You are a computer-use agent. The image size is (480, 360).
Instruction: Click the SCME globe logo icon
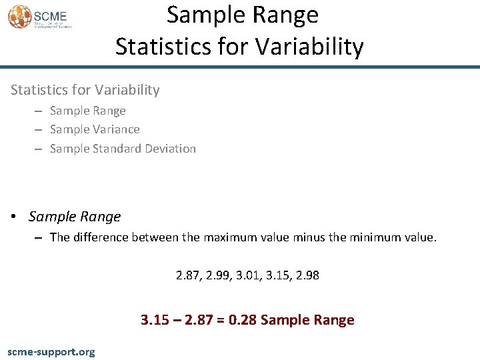point(19,16)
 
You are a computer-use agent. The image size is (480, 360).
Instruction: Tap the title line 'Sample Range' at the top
point(242,15)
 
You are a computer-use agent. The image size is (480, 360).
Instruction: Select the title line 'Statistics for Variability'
point(239,47)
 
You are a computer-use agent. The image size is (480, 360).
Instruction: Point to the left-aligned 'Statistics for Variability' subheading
point(84,90)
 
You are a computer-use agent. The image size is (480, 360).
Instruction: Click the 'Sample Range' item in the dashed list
point(87,111)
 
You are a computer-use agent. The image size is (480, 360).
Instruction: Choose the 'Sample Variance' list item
point(95,129)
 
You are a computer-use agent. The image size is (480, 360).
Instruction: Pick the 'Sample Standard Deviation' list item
point(123,149)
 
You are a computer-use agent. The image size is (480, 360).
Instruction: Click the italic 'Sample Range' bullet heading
point(75,217)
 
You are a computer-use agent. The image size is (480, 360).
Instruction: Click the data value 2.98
point(307,275)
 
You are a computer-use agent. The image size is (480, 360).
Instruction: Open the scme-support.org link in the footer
point(51,351)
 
